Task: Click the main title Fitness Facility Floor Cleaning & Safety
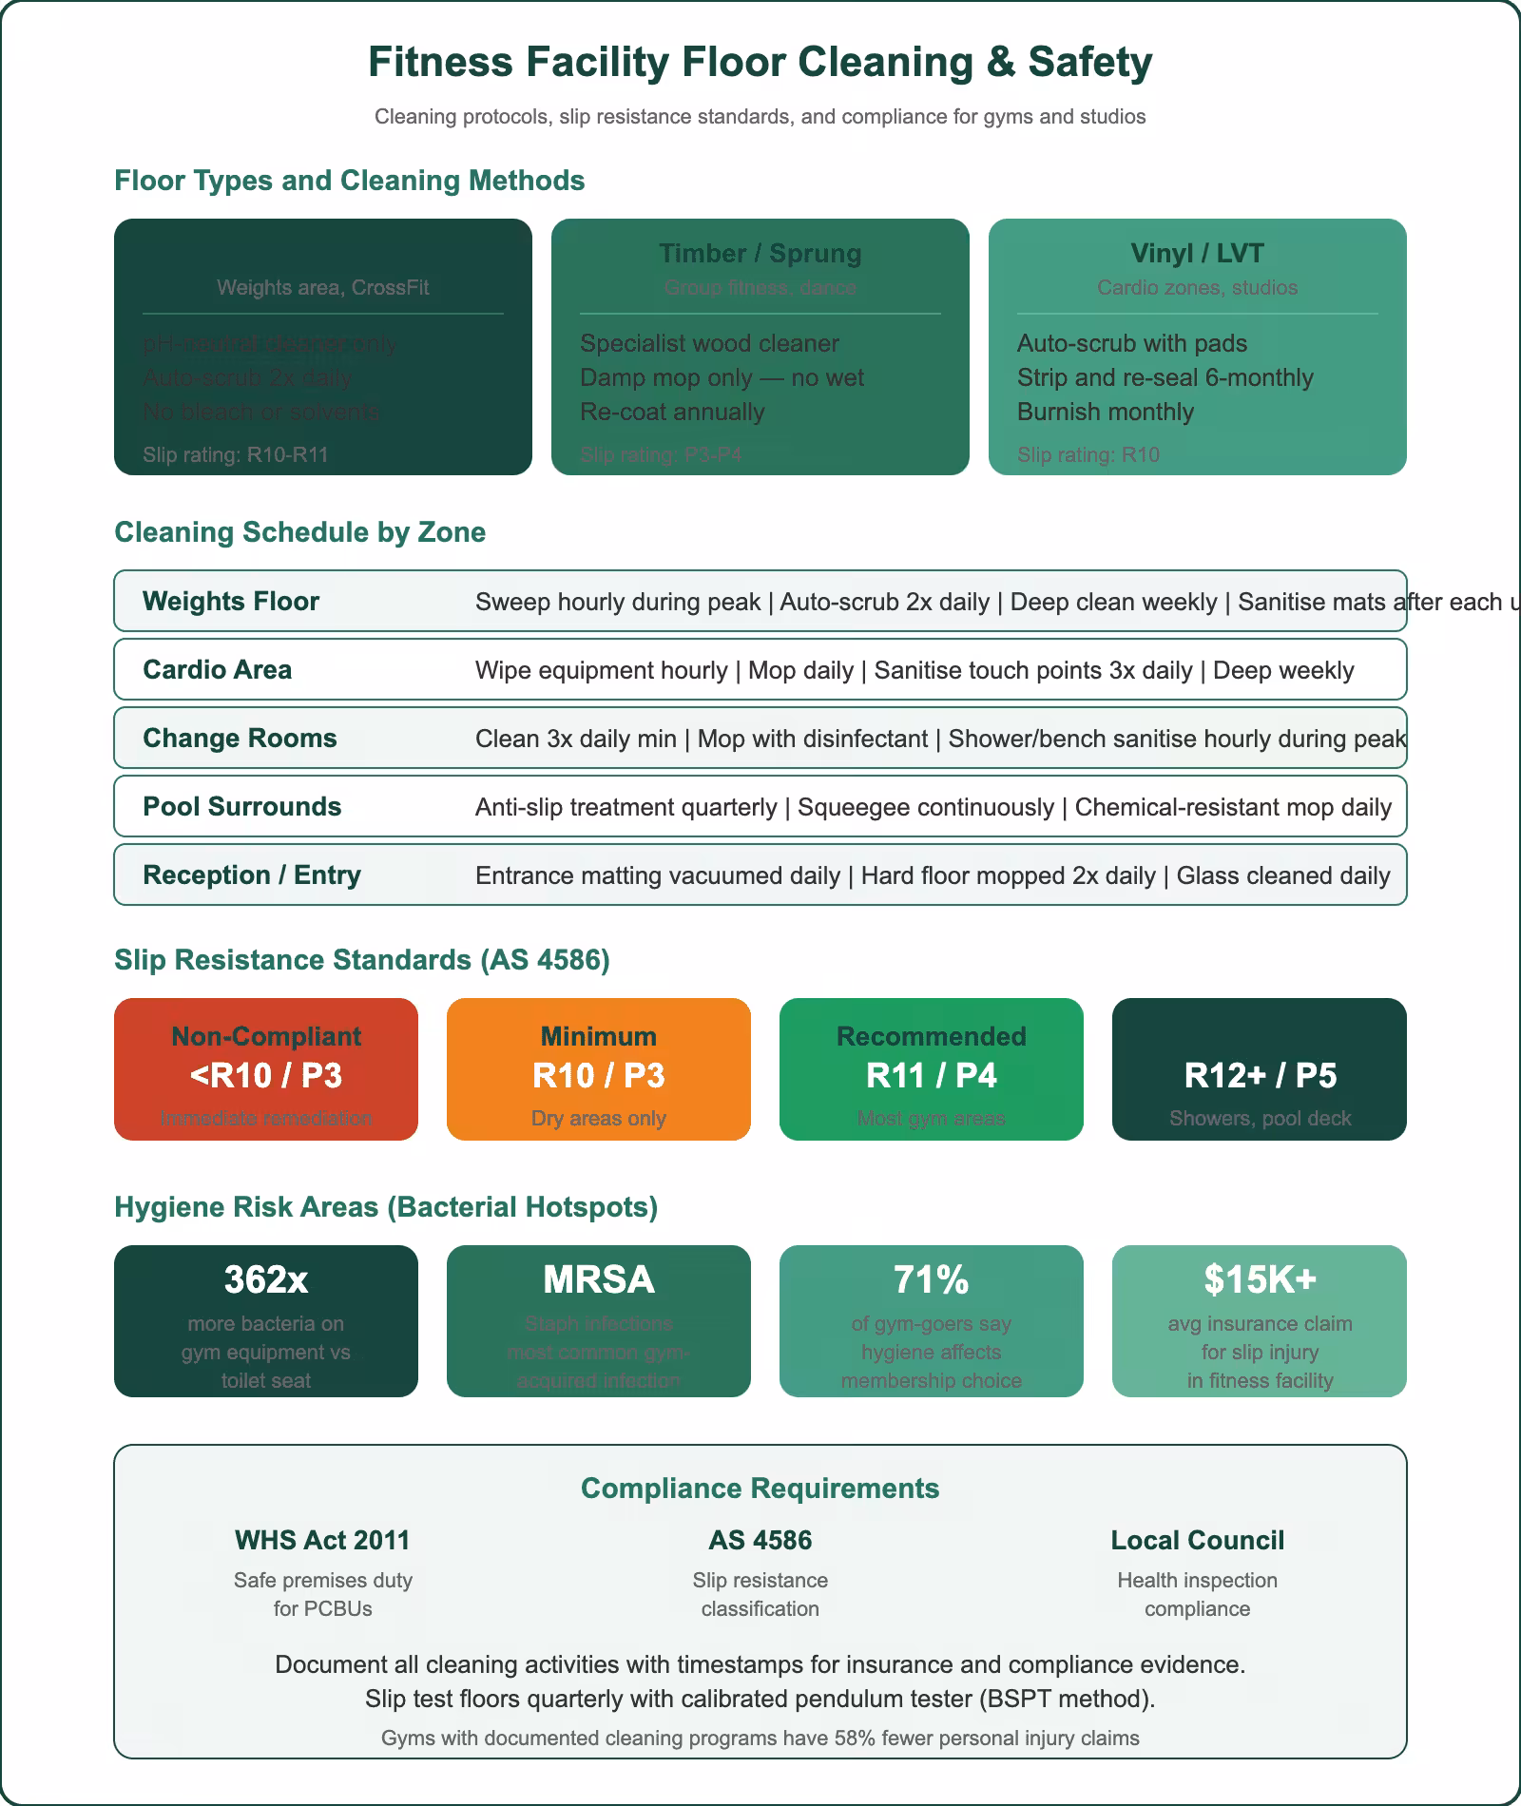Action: [760, 63]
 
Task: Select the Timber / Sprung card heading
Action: [760, 254]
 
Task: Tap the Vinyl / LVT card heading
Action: [1197, 254]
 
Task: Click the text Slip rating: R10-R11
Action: [236, 455]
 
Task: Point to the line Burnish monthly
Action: [1105, 413]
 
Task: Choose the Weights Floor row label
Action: [231, 602]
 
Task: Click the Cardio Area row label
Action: [217, 670]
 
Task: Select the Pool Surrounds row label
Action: [241, 807]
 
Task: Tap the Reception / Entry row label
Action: [251, 875]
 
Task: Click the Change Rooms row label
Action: [240, 739]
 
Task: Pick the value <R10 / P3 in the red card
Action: [266, 1076]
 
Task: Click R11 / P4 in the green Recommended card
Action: [931, 1076]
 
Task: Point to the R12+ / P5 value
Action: [1260, 1076]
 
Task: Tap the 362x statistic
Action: [266, 1280]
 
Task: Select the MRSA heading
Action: [598, 1280]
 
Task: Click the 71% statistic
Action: [931, 1280]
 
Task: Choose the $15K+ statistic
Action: [1260, 1280]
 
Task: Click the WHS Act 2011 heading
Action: [322, 1541]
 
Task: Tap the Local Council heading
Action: [1197, 1541]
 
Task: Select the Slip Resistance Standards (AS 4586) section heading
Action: [361, 960]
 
